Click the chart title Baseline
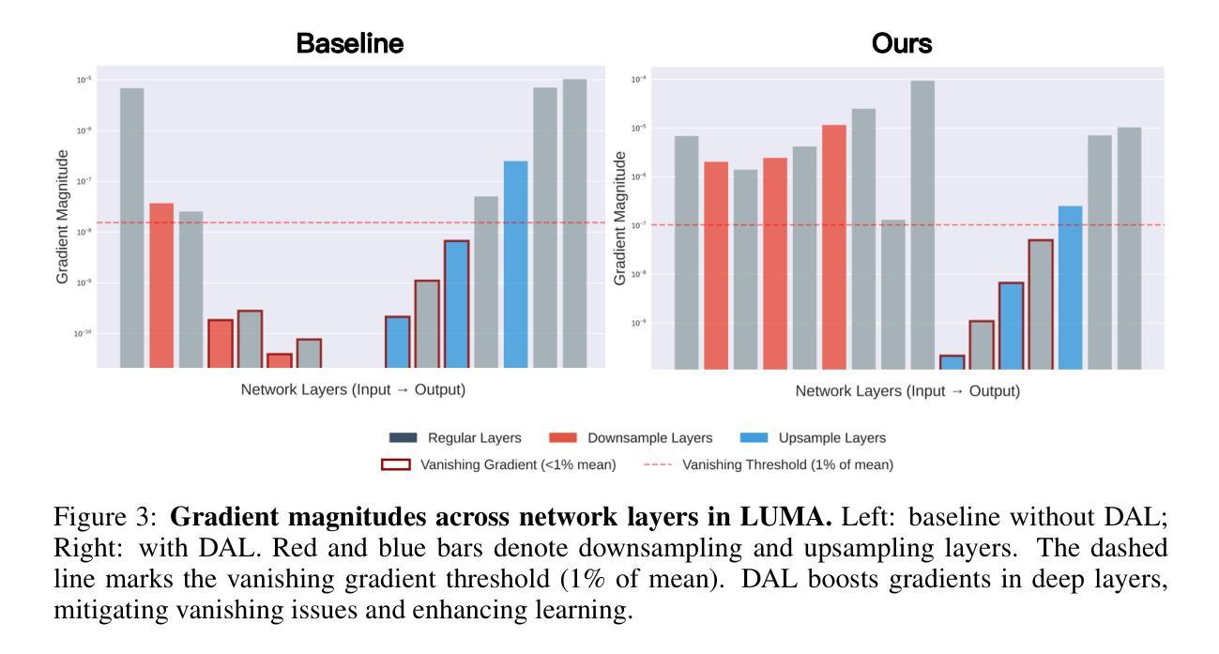click(349, 43)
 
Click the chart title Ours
click(902, 43)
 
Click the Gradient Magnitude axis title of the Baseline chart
click(63, 217)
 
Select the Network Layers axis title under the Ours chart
click(907, 391)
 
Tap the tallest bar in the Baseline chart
click(574, 223)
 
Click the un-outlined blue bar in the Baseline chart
click(515, 264)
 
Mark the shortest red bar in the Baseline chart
click(279, 360)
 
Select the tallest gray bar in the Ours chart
click(922, 224)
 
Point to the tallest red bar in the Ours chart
click(834, 247)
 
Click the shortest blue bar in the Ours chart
click(952, 361)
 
